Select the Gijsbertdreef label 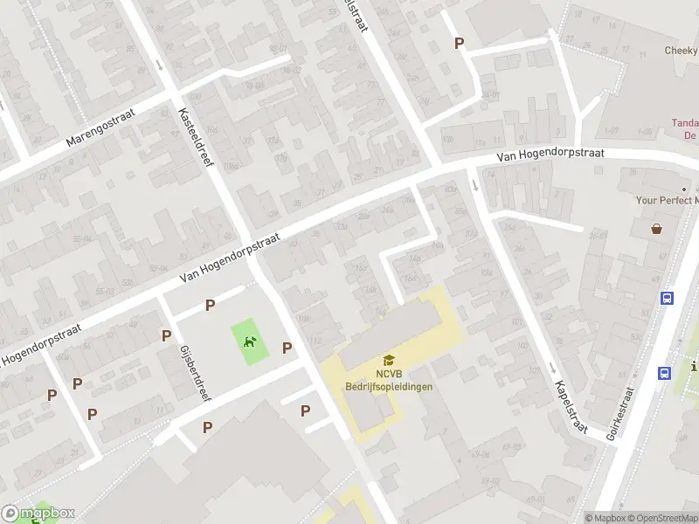click(x=195, y=372)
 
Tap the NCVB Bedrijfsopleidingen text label click(x=389, y=380)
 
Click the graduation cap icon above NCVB click(x=389, y=360)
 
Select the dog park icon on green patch click(x=250, y=341)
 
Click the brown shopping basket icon click(x=656, y=229)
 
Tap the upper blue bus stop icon click(x=668, y=298)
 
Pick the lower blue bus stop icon click(x=664, y=373)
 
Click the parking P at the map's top click(x=458, y=43)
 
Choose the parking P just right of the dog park click(x=287, y=348)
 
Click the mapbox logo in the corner click(x=38, y=514)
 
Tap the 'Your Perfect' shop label click(x=667, y=200)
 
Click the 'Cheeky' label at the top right click(x=681, y=51)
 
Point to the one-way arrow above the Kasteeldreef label click(x=158, y=65)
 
